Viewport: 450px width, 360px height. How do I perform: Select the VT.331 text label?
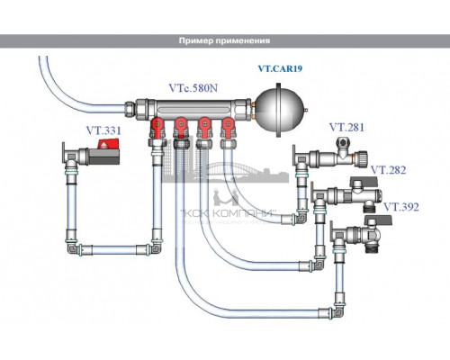(103, 130)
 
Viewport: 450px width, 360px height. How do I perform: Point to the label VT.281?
(346, 127)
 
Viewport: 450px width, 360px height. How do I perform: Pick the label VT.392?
(401, 206)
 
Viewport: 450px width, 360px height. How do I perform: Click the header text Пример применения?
(225, 41)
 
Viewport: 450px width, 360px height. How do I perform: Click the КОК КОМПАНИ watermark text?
(220, 213)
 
